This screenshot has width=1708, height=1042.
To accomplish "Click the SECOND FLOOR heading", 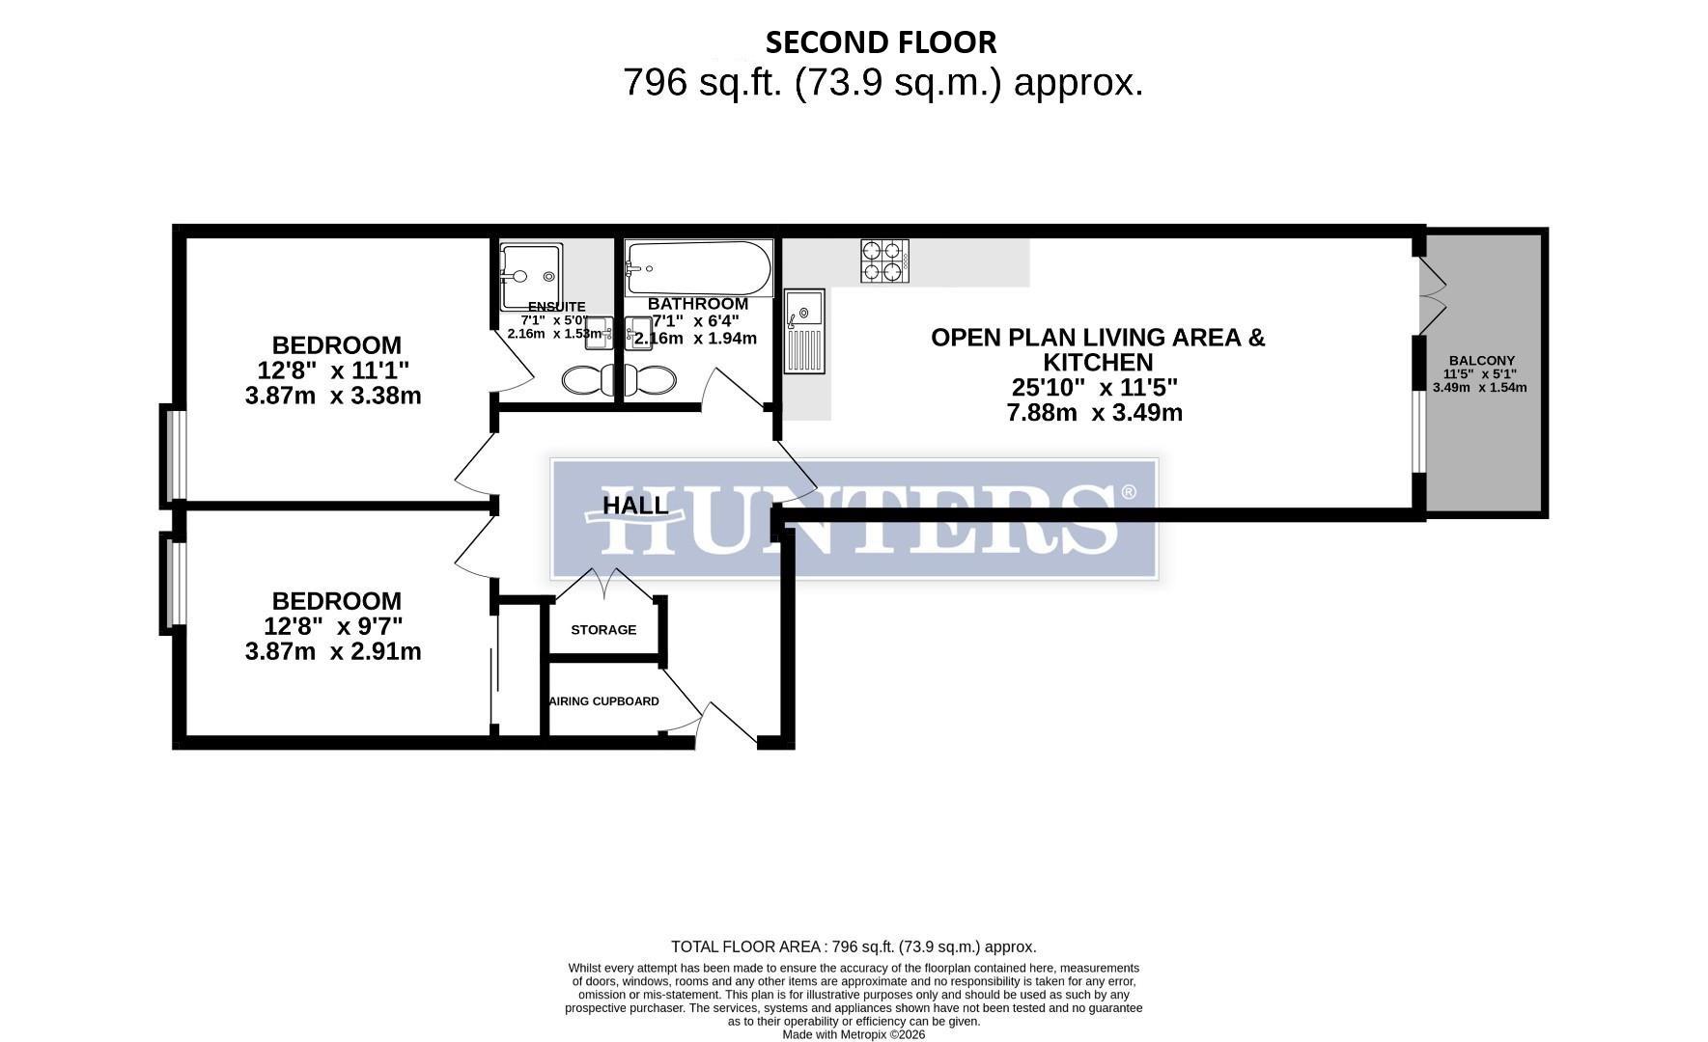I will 881,42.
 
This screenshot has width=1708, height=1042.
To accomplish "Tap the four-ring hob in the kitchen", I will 884,260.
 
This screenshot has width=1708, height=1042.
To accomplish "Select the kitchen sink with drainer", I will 804,331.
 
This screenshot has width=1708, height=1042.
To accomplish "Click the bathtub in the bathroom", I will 698,267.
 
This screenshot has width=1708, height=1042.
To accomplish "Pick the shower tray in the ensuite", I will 531,276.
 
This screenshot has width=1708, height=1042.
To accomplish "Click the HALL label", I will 634,506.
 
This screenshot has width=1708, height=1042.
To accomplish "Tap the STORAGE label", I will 603,630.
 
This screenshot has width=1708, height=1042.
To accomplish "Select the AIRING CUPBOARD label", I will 604,701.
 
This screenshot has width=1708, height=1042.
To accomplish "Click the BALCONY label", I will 1481,360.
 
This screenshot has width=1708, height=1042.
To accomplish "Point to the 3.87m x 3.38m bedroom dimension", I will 333,396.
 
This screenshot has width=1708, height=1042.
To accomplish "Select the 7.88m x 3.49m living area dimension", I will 1094,413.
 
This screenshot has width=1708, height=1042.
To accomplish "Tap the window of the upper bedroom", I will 175,455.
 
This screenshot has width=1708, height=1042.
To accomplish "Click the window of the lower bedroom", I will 174,584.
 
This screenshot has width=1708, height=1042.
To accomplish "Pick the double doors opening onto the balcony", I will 1433,298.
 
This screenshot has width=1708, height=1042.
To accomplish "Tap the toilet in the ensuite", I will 587,380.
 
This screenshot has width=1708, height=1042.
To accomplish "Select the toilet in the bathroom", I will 649,380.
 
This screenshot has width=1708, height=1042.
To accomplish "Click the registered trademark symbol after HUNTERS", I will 1128,493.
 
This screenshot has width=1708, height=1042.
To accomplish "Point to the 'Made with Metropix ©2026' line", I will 854,1034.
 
